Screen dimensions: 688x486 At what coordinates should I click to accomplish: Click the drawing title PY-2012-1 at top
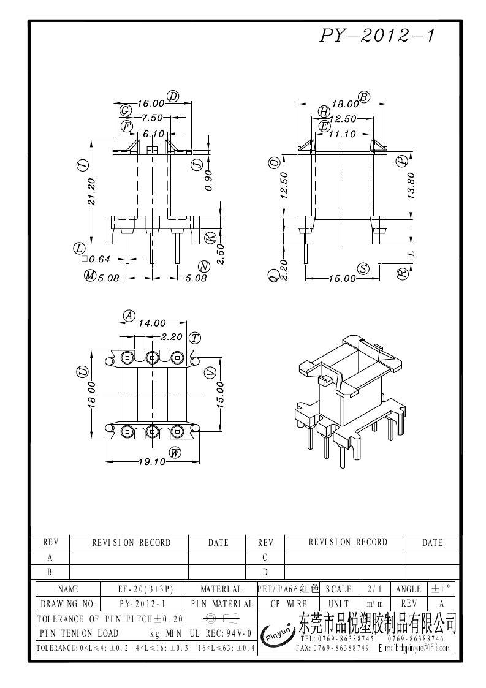[x=377, y=37]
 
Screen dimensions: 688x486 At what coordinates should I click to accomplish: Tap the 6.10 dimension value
[x=153, y=134]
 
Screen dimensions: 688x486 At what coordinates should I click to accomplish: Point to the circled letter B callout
[x=364, y=97]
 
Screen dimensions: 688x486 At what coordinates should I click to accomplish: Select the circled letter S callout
[x=364, y=269]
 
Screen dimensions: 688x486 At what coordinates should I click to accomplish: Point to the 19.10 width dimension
[x=151, y=462]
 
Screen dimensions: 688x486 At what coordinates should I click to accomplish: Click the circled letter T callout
[x=195, y=338]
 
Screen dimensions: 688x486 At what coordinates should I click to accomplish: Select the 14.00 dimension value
[x=152, y=323]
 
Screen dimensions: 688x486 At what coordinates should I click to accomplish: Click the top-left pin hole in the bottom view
[x=127, y=357]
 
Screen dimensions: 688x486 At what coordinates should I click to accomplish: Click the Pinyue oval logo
[x=278, y=637]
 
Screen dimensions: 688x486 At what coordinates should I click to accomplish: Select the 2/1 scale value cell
[x=374, y=589]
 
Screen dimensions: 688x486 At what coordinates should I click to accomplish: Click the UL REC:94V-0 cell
[x=221, y=632]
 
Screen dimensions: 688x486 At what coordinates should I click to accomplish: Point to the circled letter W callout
[x=175, y=453]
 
